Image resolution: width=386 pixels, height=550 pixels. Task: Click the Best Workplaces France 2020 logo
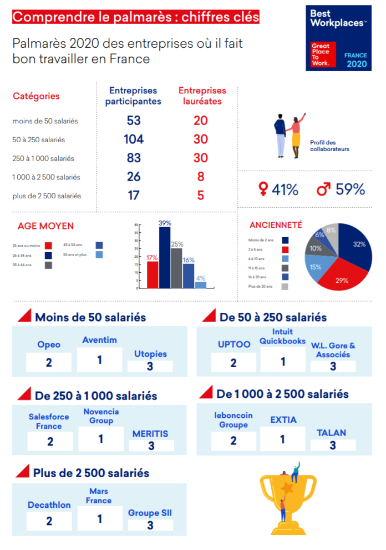[x=338, y=38]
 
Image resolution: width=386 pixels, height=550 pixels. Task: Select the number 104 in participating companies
[x=134, y=139]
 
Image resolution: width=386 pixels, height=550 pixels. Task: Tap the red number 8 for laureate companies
[x=201, y=177]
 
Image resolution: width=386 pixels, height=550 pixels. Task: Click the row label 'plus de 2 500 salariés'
[x=47, y=196]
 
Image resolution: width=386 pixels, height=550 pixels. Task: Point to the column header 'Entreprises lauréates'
[x=202, y=96]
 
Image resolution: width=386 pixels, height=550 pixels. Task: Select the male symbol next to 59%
[x=323, y=190]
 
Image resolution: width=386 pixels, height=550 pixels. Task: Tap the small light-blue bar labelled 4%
[x=200, y=285]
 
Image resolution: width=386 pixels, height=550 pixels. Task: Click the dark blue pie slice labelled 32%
[x=355, y=247]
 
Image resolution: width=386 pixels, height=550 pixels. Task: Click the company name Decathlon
[x=49, y=505]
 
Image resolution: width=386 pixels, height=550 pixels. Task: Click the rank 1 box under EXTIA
[x=282, y=439]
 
